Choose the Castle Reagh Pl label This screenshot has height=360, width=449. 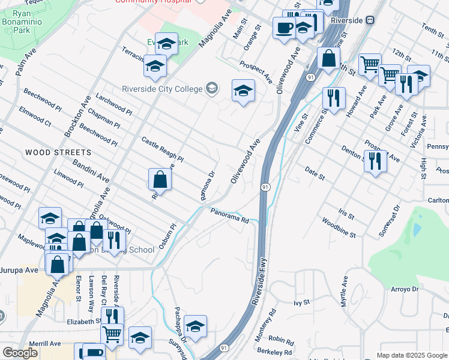[x=162, y=150]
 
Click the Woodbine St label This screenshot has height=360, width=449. [x=338, y=230]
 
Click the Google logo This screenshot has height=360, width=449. [x=20, y=352]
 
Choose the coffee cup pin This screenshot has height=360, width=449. [x=283, y=27]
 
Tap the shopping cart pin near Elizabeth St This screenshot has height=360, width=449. [x=112, y=334]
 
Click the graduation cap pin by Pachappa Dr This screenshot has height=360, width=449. [x=195, y=326]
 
